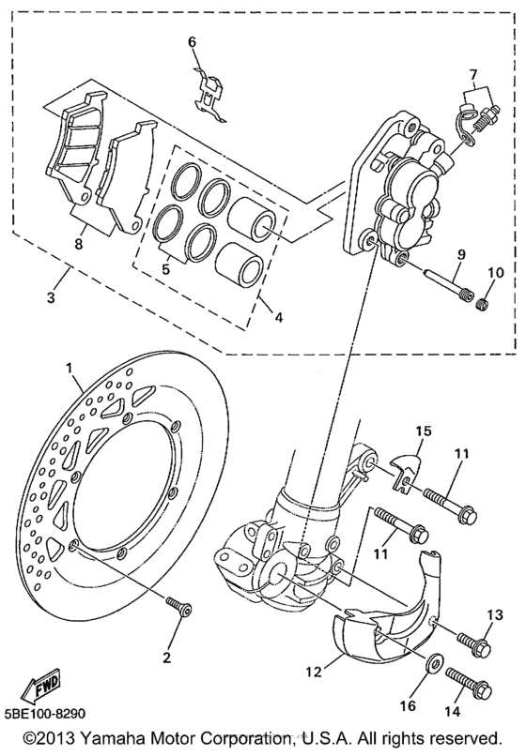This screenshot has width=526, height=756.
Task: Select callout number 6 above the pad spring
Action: [193, 42]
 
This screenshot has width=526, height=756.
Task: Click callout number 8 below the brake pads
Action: [79, 244]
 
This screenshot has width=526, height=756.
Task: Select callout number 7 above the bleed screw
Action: [472, 75]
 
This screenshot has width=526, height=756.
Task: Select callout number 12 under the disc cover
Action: [314, 671]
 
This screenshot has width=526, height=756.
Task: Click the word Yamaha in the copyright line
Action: [111, 738]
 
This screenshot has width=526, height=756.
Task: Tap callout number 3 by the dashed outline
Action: [51, 297]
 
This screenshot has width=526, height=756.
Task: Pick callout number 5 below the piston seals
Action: [165, 268]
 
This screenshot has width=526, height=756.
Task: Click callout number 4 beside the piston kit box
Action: [277, 317]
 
